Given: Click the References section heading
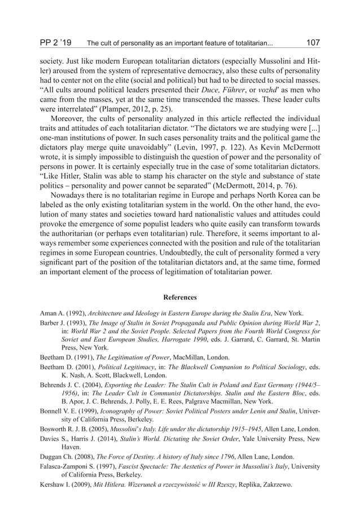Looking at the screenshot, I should click(x=179, y=297).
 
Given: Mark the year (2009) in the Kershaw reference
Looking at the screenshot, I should click(x=75, y=486).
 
